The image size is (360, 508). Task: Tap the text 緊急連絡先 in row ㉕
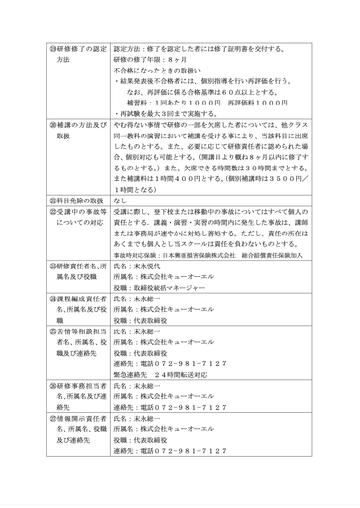[x=130, y=374]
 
